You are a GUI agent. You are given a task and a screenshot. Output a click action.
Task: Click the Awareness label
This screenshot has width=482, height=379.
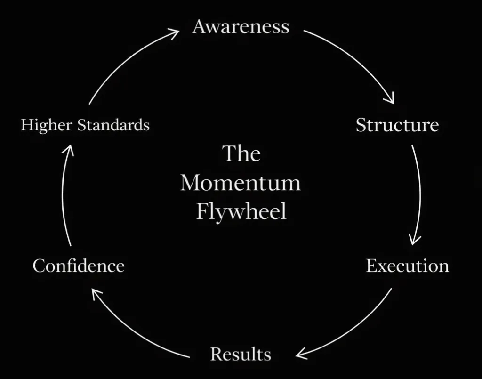[241, 27]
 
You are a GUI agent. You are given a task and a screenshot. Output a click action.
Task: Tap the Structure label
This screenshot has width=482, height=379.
[397, 125]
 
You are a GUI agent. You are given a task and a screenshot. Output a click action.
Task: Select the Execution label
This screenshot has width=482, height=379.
[407, 266]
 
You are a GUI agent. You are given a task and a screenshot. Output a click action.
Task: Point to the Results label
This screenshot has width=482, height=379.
[241, 354]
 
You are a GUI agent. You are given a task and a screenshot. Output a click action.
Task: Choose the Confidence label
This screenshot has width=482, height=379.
[79, 266]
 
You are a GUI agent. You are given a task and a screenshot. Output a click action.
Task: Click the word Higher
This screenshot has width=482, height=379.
[47, 125]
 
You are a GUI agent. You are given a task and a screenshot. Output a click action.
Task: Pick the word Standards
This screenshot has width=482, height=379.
[113, 125]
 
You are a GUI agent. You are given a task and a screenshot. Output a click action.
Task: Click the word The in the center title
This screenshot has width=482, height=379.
[241, 154]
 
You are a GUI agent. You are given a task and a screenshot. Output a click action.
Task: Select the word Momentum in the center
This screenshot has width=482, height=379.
[241, 183]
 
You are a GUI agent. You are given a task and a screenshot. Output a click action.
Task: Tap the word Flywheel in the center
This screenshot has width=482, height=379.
[241, 211]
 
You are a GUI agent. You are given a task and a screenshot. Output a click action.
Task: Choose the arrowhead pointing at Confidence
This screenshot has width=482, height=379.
[96, 294]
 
